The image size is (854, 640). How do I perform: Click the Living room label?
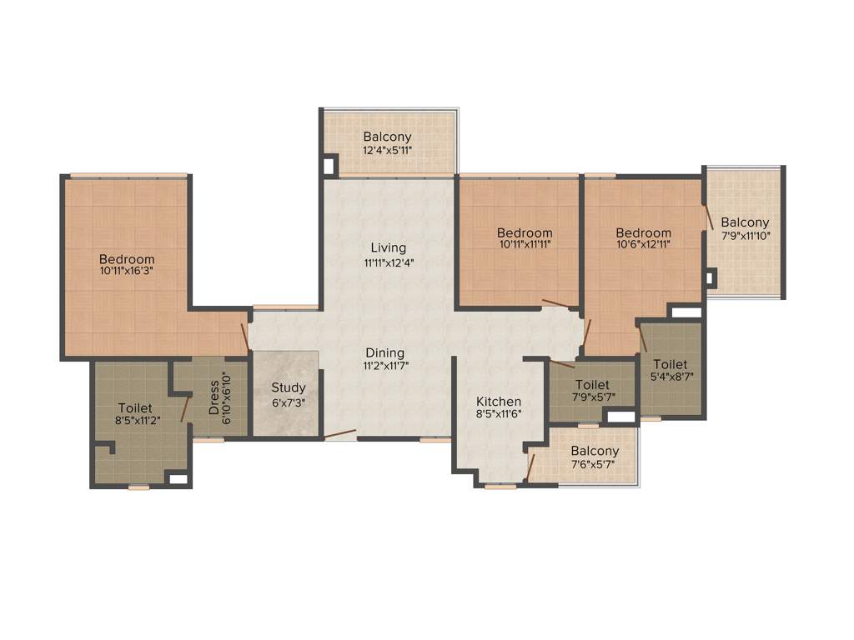click(x=388, y=247)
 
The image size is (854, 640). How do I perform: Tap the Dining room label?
click(x=384, y=352)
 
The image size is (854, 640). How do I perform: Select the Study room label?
click(x=288, y=387)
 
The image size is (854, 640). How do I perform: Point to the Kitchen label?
click(x=499, y=401)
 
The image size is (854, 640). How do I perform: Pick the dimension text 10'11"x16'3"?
click(x=127, y=272)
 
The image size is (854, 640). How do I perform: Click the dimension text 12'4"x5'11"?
click(x=387, y=151)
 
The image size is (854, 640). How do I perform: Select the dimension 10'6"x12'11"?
click(x=643, y=245)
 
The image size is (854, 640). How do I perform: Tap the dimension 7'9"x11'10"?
click(x=745, y=236)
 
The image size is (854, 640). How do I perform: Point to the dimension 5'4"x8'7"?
click(x=671, y=377)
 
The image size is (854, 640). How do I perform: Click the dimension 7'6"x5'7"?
click(x=595, y=464)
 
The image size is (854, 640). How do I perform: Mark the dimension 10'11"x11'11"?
click(x=525, y=245)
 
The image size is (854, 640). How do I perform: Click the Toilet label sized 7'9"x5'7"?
click(x=592, y=384)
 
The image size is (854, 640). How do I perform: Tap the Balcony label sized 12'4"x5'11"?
click(x=387, y=137)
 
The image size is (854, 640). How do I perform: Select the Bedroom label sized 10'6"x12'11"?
click(x=643, y=232)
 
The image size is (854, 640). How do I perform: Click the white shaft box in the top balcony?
click(x=329, y=165)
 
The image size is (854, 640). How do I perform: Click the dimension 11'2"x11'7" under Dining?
click(x=384, y=365)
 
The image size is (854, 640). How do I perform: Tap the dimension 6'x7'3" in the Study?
click(x=288, y=401)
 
